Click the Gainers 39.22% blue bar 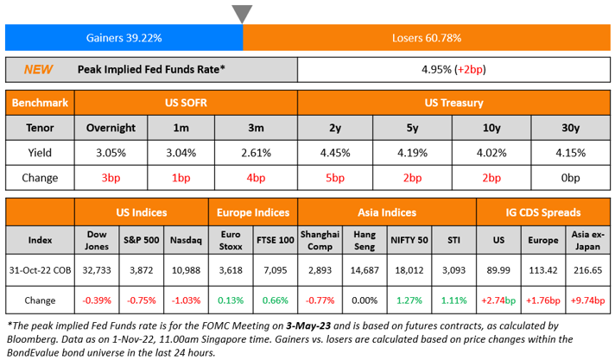tap(124, 38)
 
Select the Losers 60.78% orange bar tap(426, 38)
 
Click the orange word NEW tap(38, 69)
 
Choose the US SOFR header tap(186, 104)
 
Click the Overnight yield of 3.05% tap(111, 153)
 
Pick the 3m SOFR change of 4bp tap(256, 178)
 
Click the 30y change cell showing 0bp tap(569, 178)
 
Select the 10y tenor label tap(491, 128)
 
